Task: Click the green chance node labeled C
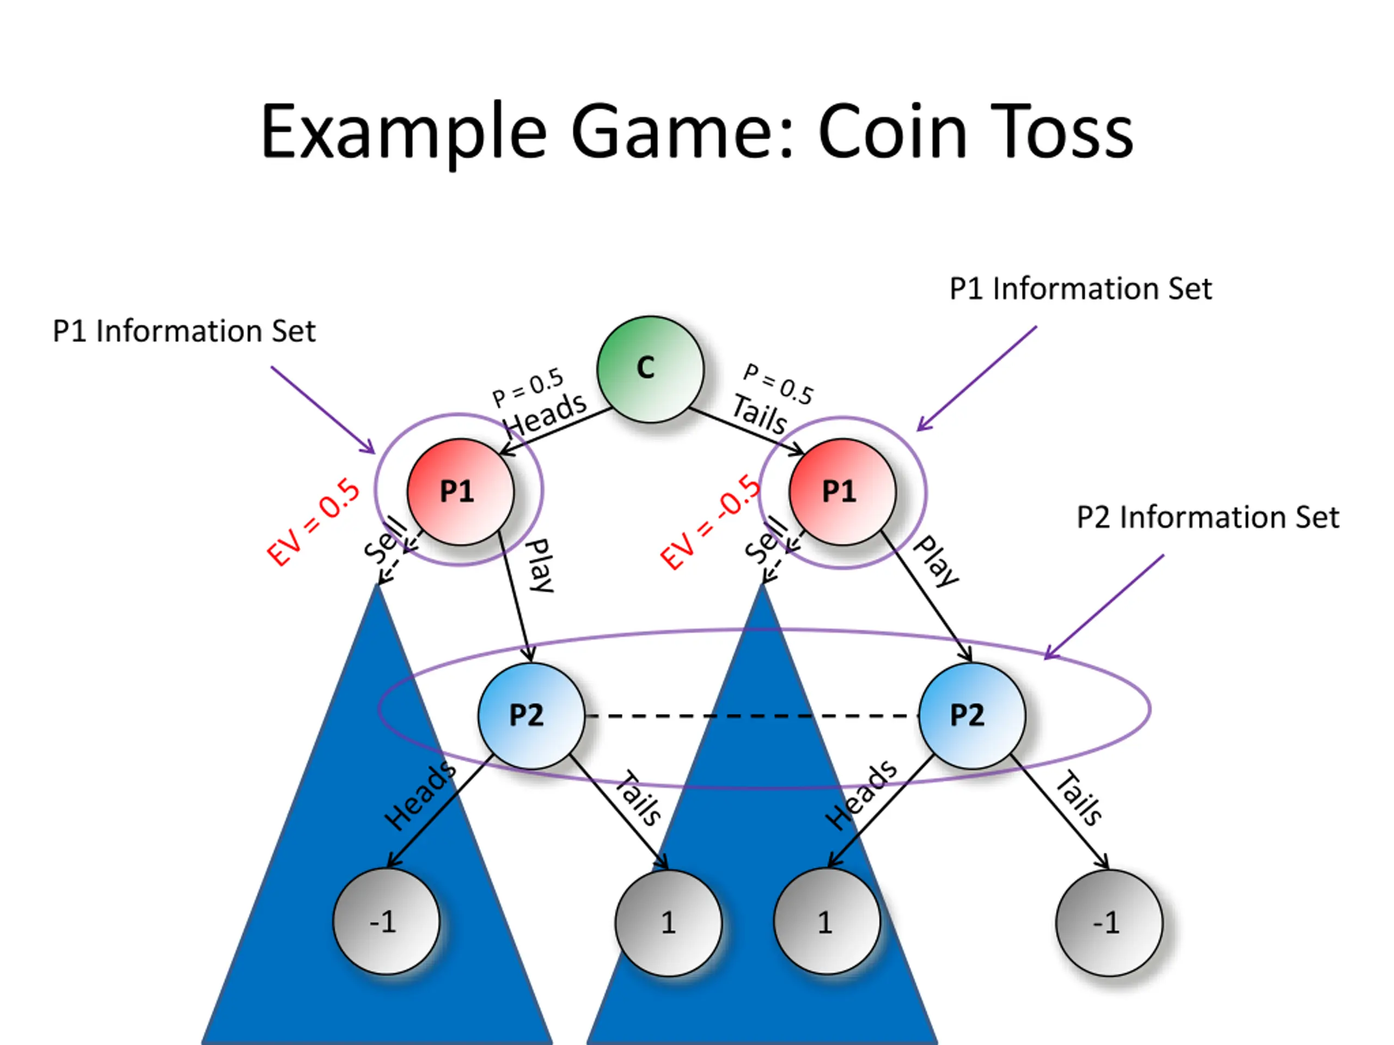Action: [650, 369]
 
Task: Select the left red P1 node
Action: [460, 491]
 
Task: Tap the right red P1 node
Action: [842, 491]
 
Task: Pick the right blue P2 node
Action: [972, 716]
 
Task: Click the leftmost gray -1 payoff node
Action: [386, 921]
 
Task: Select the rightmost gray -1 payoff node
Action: [1109, 923]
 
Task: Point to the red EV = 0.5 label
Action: [313, 521]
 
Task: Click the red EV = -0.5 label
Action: [710, 521]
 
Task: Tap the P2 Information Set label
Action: [1207, 517]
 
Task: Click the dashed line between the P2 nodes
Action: [751, 716]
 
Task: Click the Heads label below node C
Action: [546, 414]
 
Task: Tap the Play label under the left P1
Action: [540, 565]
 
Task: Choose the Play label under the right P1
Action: [936, 561]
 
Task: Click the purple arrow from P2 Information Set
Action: [1104, 607]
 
